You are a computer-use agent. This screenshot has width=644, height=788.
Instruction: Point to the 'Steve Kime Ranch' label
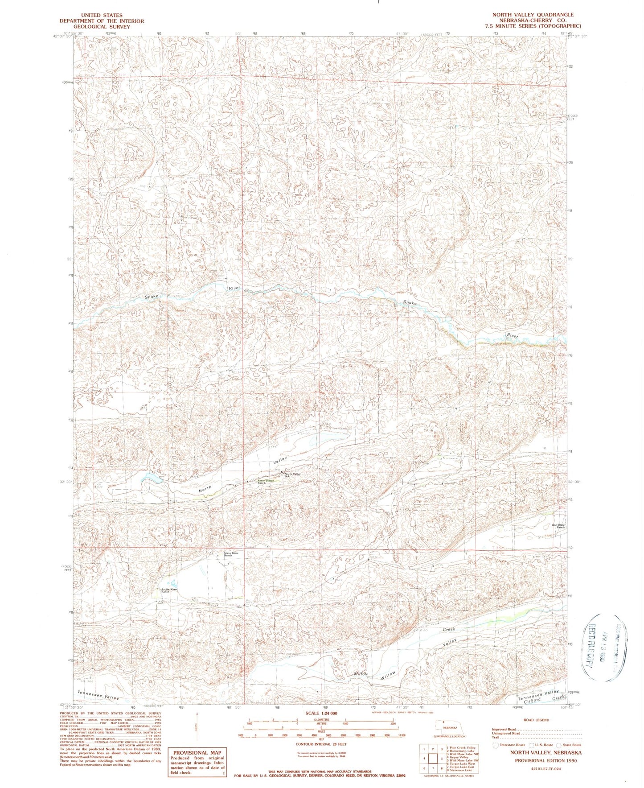pyautogui.click(x=231, y=554)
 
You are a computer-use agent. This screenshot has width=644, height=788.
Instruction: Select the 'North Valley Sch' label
pyautogui.click(x=293, y=475)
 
